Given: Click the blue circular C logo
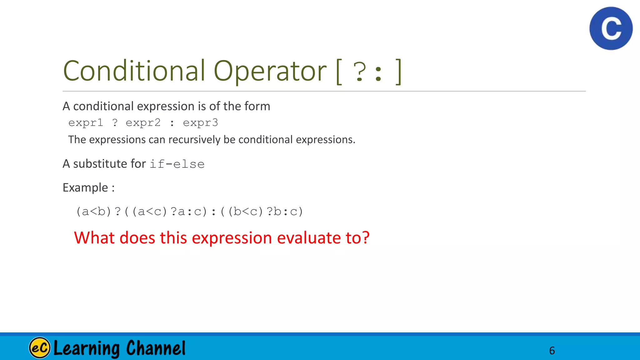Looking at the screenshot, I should point(611,28).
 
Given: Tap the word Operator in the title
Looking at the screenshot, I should point(270,71).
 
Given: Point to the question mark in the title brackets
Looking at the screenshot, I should point(360,72).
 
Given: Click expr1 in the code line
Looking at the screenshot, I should point(86,123).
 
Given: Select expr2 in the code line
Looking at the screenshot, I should point(143,123).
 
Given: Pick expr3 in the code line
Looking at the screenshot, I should point(200,123).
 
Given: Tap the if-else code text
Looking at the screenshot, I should point(177,164).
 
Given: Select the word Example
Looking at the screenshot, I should point(85,187).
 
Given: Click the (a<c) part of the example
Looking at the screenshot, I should point(150,212).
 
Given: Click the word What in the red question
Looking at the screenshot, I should point(94,238).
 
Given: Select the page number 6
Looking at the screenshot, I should point(552,351).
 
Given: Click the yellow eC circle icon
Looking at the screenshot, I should point(40,347).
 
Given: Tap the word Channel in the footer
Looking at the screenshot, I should point(156,348).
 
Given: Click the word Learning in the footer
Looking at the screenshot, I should point(87,348).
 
